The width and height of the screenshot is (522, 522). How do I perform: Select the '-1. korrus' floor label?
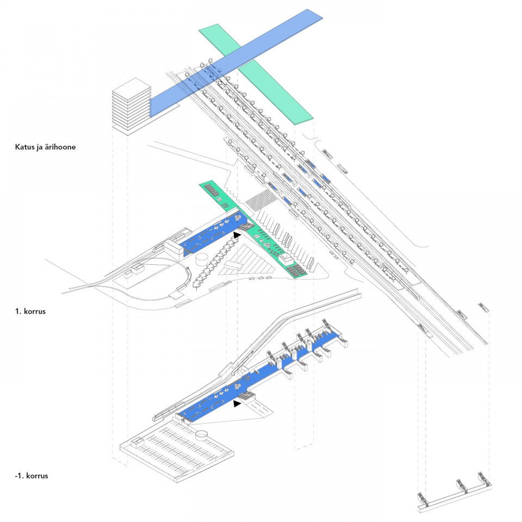32,476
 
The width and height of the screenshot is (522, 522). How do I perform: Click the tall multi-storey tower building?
131,106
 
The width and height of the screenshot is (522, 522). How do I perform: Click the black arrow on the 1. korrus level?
237,235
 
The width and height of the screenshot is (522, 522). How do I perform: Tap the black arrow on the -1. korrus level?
237,404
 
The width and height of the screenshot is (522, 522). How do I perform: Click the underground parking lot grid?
174,451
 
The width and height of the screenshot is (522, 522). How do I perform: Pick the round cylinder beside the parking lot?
203,435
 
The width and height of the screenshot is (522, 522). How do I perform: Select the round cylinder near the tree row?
203,258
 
